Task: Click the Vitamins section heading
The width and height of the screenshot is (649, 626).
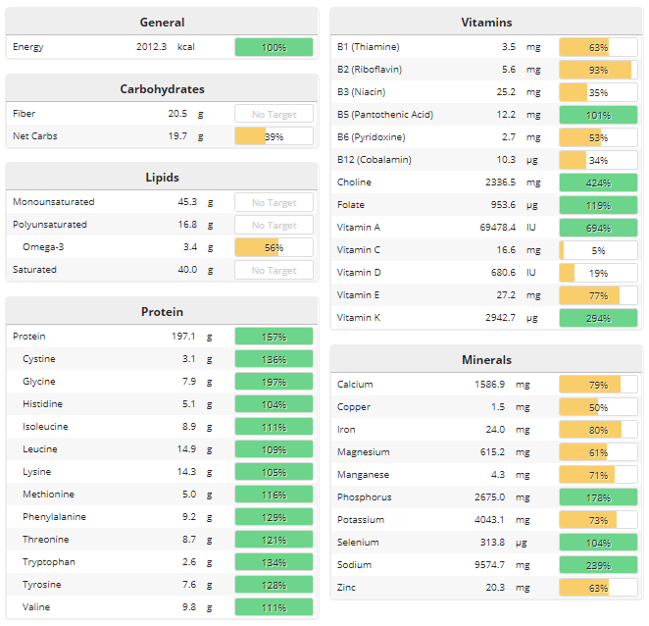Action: (486, 23)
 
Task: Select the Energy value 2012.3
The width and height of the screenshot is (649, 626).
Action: (151, 47)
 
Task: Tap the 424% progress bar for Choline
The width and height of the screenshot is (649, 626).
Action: (598, 183)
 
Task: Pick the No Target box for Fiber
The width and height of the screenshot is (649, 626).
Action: (274, 114)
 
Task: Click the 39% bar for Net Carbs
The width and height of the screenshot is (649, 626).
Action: (274, 136)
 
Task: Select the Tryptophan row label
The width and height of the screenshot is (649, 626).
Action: (48, 562)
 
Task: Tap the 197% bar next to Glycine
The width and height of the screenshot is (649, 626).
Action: (274, 382)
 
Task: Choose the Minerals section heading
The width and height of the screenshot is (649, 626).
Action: (486, 360)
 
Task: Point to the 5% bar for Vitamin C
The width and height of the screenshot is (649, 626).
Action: (598, 250)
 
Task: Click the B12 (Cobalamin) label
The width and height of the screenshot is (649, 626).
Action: (374, 160)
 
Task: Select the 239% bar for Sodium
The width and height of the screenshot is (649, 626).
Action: (598, 565)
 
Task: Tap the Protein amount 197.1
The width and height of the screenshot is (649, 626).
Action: (184, 337)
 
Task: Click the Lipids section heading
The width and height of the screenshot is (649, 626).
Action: (162, 178)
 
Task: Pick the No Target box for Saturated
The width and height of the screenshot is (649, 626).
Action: (274, 270)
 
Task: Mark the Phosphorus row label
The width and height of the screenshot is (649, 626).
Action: (364, 497)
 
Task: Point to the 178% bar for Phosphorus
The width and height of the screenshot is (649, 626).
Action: (598, 497)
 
